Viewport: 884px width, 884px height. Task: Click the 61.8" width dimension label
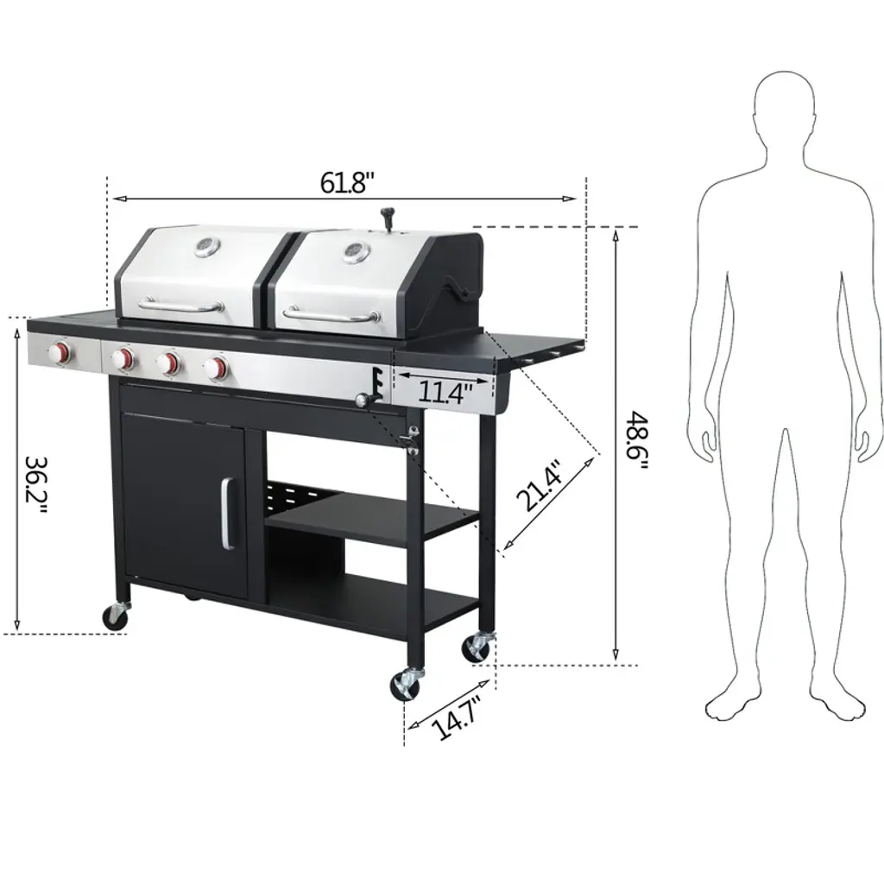(x=347, y=182)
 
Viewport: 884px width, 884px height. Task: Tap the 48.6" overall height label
(x=638, y=443)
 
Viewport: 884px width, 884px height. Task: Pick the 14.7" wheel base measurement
(x=457, y=717)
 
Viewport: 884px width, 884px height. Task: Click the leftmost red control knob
(x=60, y=353)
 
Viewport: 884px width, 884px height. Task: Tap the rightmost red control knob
(x=216, y=368)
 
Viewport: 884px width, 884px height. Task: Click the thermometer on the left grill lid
(x=207, y=247)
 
